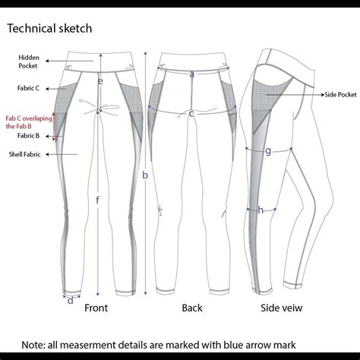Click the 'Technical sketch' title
click(49, 28)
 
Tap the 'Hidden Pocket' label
click(29, 62)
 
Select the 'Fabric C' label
click(28, 88)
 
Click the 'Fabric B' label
click(28, 136)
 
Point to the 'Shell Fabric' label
click(24, 154)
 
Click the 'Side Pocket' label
click(340, 95)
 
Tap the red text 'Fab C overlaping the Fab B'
click(29, 122)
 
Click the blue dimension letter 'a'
click(192, 74)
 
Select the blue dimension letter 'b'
click(145, 175)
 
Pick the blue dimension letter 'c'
click(191, 114)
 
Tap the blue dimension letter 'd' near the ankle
click(71, 300)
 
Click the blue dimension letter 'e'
click(100, 81)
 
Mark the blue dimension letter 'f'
click(98, 201)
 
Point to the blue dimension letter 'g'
click(268, 151)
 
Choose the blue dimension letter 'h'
click(261, 210)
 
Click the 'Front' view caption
click(96, 308)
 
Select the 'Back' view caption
click(192, 308)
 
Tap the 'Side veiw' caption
click(282, 308)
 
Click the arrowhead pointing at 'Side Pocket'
click(323, 95)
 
